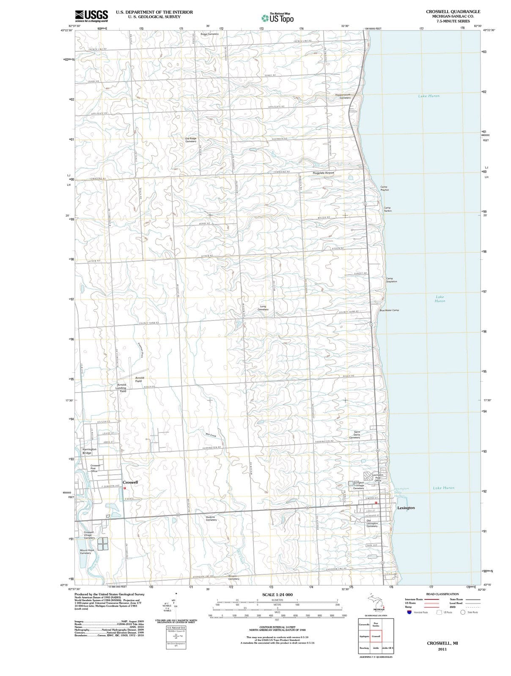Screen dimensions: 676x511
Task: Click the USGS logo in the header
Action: pos(91,16)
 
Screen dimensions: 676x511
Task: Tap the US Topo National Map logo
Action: pos(277,18)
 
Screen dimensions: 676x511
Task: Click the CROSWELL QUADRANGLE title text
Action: pos(453,11)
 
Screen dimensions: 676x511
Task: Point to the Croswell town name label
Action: pos(130,482)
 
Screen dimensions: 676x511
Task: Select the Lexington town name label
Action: pos(406,508)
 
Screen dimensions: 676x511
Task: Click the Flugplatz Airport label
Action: pos(323,173)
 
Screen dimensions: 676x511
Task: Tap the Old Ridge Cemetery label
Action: pos(191,140)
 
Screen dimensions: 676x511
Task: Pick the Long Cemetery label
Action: pos(263,308)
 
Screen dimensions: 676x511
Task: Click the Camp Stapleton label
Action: pos(391,280)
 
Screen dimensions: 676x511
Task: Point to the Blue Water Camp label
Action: pos(389,310)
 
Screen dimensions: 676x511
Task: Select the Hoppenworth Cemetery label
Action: pos(343,96)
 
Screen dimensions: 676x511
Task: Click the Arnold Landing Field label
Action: pos(121,388)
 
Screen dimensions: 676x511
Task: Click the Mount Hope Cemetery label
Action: pos(87,552)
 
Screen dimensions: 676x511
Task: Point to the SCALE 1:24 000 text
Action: pos(277,595)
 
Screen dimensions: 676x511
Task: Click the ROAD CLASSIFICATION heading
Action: pos(442,594)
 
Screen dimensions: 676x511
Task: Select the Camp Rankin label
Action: pos(387,209)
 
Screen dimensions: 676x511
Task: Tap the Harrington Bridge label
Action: pos(89,451)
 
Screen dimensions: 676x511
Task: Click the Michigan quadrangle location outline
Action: pos(376,602)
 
